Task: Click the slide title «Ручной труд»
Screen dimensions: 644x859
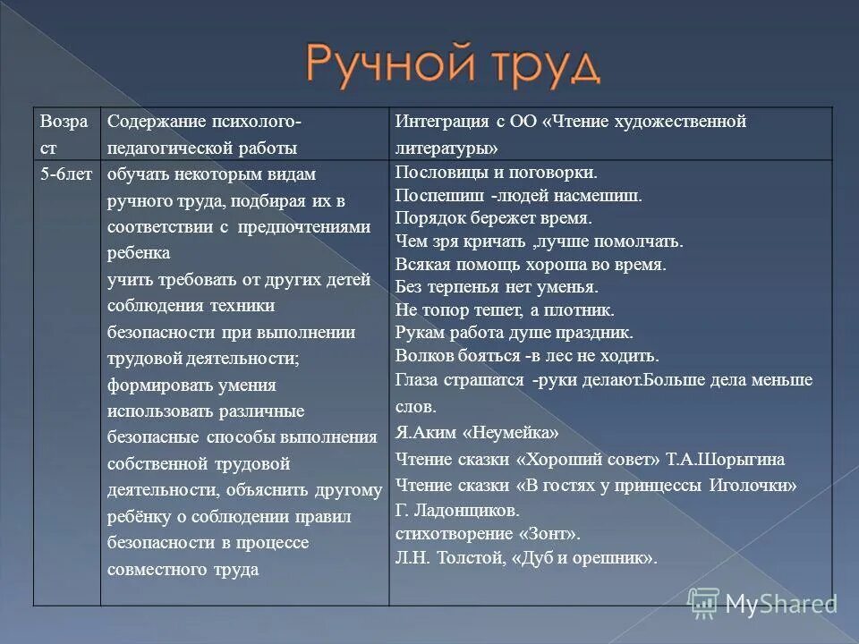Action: tap(453, 64)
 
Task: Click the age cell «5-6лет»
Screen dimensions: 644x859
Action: tap(65, 174)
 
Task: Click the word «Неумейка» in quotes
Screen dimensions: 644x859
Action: tap(511, 433)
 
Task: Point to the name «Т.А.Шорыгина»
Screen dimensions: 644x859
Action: tap(726, 459)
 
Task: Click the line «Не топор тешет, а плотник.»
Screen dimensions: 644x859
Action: tap(504, 310)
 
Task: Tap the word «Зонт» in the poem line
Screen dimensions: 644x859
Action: tap(547, 534)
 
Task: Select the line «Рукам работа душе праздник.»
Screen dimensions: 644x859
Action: tap(513, 333)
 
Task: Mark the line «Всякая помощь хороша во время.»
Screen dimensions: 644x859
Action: tap(530, 264)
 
